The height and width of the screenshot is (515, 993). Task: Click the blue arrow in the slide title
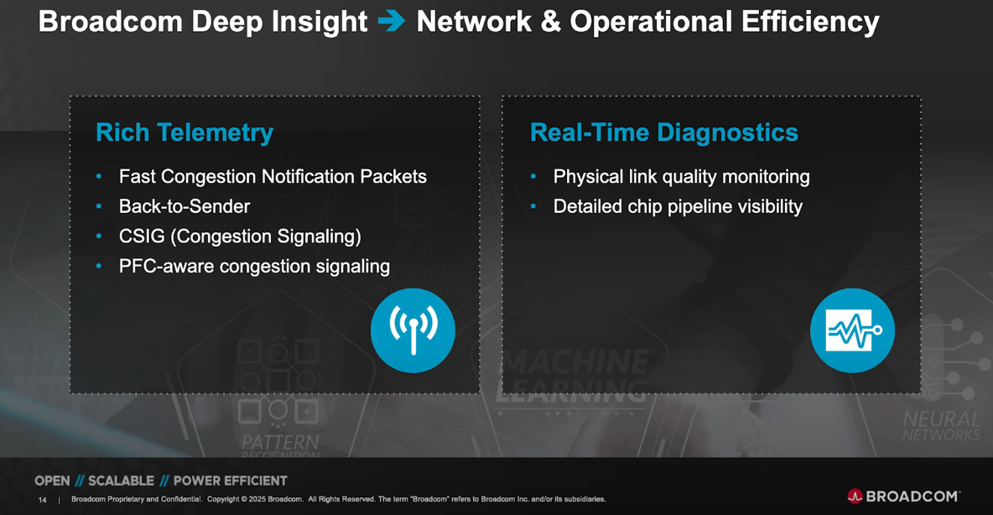click(392, 21)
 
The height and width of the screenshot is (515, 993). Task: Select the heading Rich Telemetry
click(185, 133)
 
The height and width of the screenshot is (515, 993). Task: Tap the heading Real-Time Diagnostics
click(663, 133)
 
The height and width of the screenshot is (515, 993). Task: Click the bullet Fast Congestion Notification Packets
click(273, 177)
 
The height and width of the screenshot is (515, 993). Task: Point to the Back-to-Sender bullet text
click(185, 206)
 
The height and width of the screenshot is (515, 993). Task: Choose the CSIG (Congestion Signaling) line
click(240, 237)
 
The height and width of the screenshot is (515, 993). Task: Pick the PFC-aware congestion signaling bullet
click(254, 267)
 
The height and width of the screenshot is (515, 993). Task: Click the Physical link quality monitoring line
click(681, 177)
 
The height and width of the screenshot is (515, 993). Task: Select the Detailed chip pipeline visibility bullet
click(678, 206)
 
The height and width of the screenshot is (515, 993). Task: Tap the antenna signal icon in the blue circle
click(413, 330)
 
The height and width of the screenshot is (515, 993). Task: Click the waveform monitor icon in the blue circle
click(852, 330)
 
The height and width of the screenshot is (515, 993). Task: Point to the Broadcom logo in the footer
click(903, 497)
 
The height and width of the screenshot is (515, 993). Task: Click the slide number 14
click(42, 500)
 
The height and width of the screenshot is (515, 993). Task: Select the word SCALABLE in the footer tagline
click(121, 481)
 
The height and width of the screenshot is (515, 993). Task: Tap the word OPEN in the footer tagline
click(52, 481)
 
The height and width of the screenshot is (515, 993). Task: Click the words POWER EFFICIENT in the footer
click(230, 481)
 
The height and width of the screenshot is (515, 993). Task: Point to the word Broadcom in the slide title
click(110, 22)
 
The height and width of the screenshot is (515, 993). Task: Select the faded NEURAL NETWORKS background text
click(941, 426)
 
